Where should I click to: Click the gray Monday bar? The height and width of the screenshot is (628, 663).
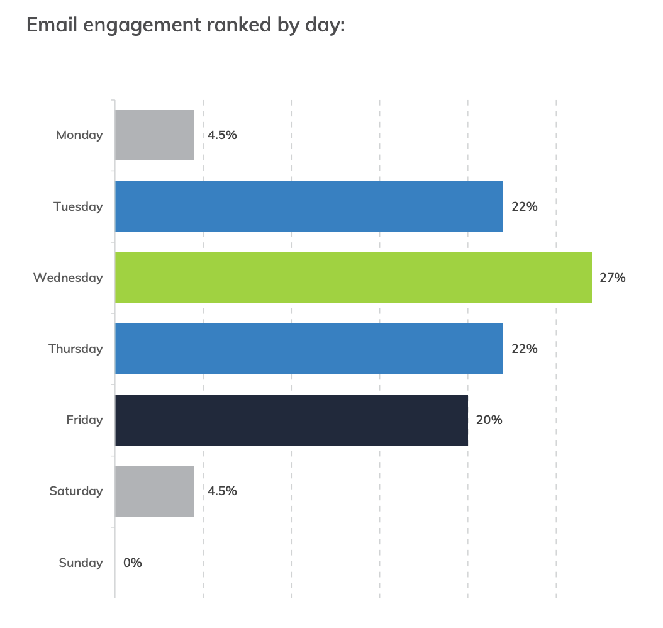155,135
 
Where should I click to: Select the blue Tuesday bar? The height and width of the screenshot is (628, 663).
309,206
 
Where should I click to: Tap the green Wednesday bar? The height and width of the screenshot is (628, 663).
353,278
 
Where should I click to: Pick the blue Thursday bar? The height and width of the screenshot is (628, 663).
309,349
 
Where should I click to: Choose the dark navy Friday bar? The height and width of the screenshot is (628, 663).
291,420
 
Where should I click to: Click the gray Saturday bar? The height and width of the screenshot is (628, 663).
155,491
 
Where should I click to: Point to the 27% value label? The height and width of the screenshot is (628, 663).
612,278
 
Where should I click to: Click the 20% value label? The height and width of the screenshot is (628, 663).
489,420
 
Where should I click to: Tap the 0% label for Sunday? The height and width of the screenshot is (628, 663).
133,563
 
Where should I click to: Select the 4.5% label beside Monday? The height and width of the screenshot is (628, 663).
222,135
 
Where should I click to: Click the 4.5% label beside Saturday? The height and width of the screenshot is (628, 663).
222,491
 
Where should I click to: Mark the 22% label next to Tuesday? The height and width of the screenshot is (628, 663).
524,206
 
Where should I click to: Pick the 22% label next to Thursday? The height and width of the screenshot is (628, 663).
524,349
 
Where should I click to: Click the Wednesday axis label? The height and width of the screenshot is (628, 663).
68,278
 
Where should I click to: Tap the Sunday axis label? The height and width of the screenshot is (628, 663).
81,563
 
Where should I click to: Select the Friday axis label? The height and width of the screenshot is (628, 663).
84,420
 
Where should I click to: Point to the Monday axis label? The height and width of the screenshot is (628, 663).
79,135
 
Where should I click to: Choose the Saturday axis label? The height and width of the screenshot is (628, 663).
76,491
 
